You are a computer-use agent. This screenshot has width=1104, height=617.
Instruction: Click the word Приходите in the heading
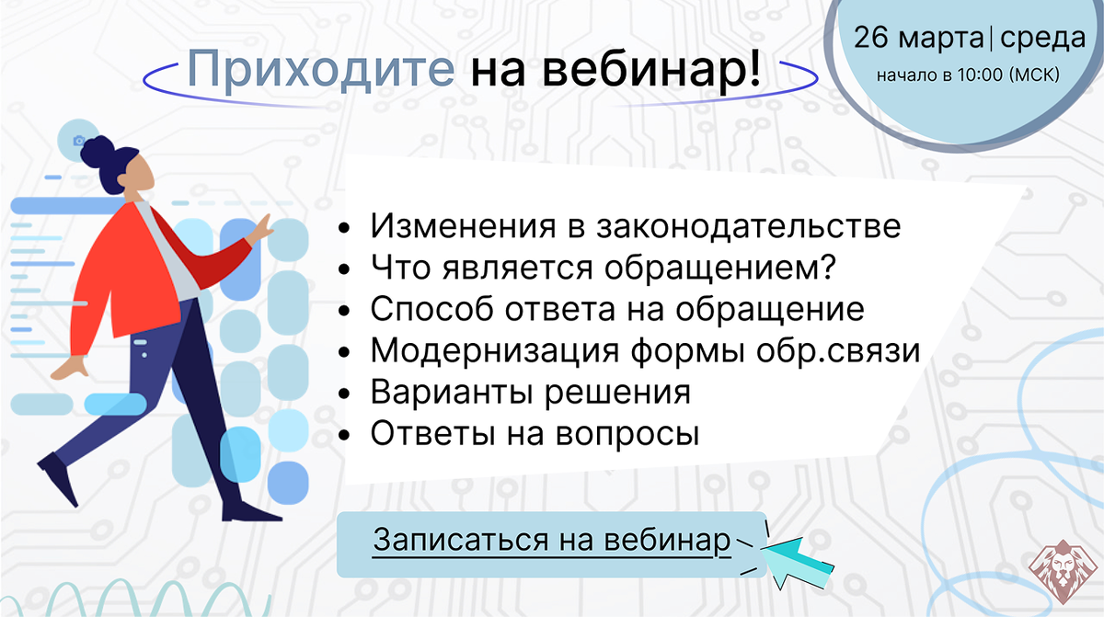tap(321, 69)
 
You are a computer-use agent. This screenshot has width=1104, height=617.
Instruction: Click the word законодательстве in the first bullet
tap(749, 226)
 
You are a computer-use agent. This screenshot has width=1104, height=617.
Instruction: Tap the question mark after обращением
tap(827, 267)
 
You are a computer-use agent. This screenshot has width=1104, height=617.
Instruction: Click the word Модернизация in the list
tap(494, 351)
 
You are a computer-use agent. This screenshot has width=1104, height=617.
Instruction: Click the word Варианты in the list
tap(452, 392)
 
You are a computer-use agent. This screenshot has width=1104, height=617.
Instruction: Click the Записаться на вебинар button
tap(551, 544)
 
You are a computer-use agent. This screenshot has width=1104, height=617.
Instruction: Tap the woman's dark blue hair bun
tap(97, 150)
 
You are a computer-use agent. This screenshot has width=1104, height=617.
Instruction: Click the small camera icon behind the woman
tap(79, 141)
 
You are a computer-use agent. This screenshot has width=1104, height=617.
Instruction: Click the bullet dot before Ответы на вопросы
tap(344, 435)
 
